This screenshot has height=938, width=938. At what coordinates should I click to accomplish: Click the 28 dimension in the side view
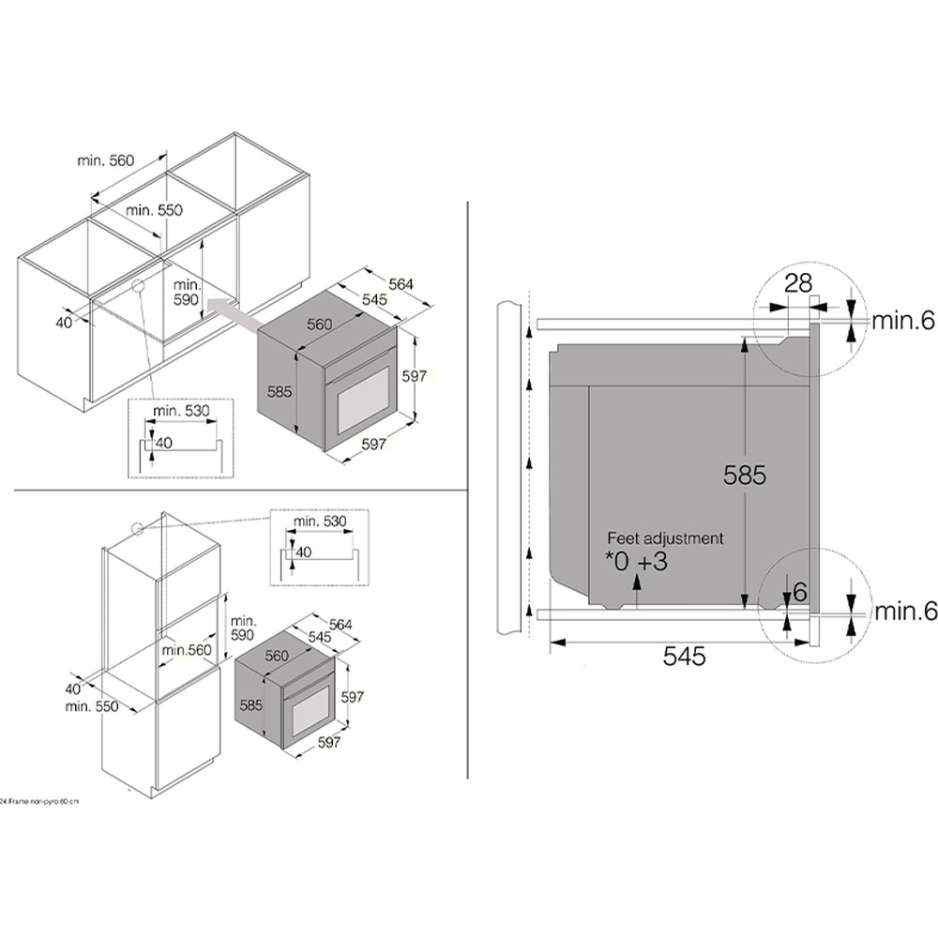point(797,284)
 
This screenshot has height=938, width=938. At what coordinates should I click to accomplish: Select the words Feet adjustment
point(665,538)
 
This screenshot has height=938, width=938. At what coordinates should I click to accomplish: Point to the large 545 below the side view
point(684,657)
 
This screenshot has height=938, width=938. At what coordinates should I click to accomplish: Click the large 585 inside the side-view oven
point(745,475)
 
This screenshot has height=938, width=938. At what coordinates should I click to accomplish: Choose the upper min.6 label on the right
point(904,322)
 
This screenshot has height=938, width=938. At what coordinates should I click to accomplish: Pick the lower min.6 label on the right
point(904,612)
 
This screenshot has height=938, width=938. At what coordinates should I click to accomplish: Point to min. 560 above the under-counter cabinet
point(106,160)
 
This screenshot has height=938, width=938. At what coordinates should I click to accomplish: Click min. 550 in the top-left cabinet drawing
point(154,210)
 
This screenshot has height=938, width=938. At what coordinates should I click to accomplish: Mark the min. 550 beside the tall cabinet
point(92,706)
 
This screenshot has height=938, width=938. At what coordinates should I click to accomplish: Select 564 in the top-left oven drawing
point(401,284)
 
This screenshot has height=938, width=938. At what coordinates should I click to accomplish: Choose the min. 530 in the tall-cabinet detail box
point(319,521)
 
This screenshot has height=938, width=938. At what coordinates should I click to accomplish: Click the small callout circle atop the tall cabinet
point(139,528)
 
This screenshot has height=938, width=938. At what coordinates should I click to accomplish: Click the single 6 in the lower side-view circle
point(799,592)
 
